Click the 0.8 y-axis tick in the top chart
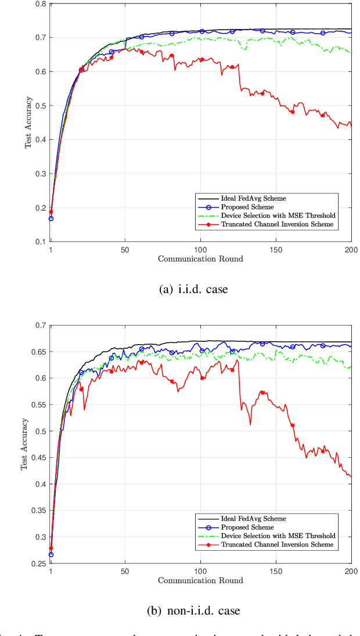[41, 4]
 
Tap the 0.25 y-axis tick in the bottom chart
[38, 563]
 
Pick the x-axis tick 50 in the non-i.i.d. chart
[125, 571]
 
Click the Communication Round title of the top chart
[200, 258]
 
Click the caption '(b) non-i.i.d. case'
[193, 610]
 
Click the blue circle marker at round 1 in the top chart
[51, 218]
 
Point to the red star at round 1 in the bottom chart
[51, 548]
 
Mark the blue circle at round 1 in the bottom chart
[51, 555]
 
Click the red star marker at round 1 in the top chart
[51, 211]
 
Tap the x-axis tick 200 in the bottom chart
[351, 571]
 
